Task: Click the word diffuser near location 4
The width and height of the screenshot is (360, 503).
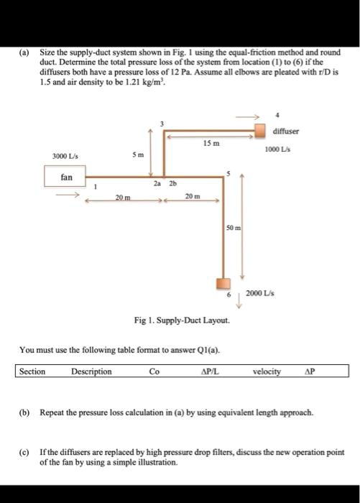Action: [x=285, y=132]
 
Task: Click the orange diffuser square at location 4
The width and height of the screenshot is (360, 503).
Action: [x=262, y=131]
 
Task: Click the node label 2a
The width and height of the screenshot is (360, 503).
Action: [x=157, y=183]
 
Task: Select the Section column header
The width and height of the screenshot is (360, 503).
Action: [x=32, y=372]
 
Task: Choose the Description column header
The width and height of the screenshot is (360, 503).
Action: [x=91, y=372]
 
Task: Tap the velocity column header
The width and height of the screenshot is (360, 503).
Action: [x=267, y=372]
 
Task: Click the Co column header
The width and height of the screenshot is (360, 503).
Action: [x=154, y=372]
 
